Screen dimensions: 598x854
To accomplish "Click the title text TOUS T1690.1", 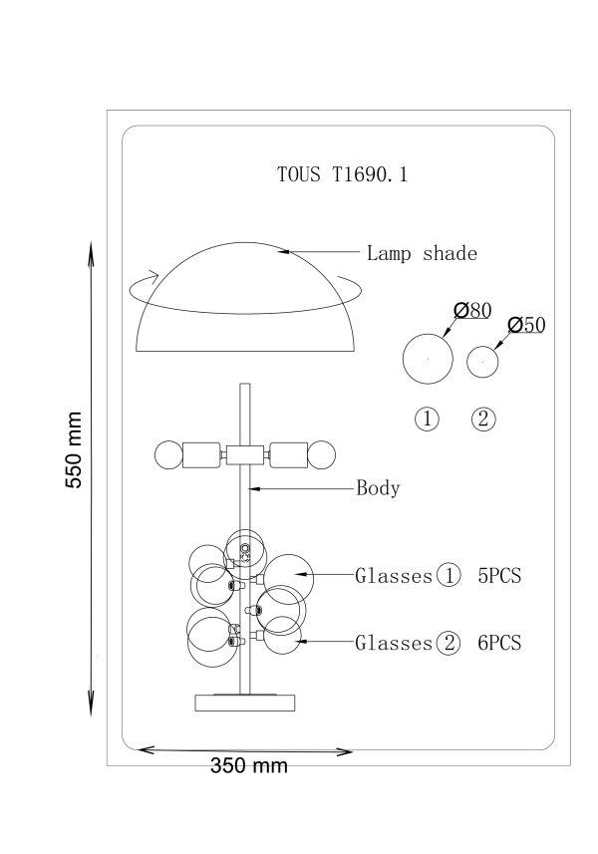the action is pyautogui.click(x=342, y=174).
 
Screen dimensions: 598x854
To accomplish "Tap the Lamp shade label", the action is pyautogui.click(x=422, y=253).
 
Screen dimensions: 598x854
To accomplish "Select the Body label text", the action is pyautogui.click(x=378, y=487).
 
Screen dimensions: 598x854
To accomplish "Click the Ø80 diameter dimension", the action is pyautogui.click(x=472, y=311).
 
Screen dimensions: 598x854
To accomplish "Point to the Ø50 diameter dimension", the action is pyautogui.click(x=526, y=325).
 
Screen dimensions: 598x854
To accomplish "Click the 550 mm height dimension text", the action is pyautogui.click(x=74, y=449).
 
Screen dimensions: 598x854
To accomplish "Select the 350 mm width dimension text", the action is pyautogui.click(x=249, y=765).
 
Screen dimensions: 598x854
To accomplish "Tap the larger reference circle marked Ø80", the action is pyautogui.click(x=428, y=335).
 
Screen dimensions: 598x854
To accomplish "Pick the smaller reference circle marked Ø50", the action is pyautogui.click(x=482, y=347).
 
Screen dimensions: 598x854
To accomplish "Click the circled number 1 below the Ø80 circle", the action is pyautogui.click(x=427, y=419).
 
